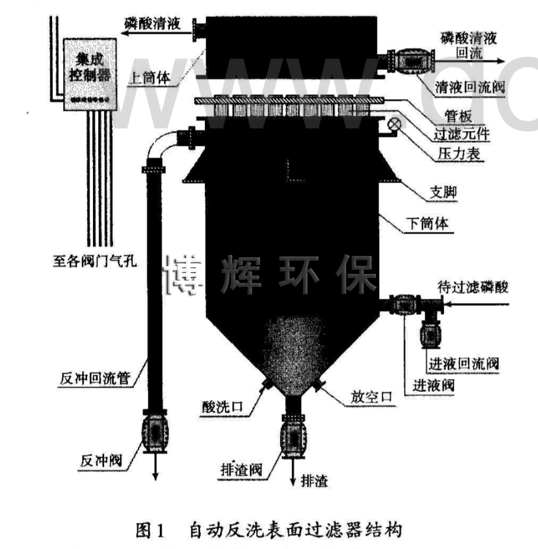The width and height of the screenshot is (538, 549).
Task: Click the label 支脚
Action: [443, 193]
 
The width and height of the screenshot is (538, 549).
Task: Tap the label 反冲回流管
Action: [98, 378]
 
